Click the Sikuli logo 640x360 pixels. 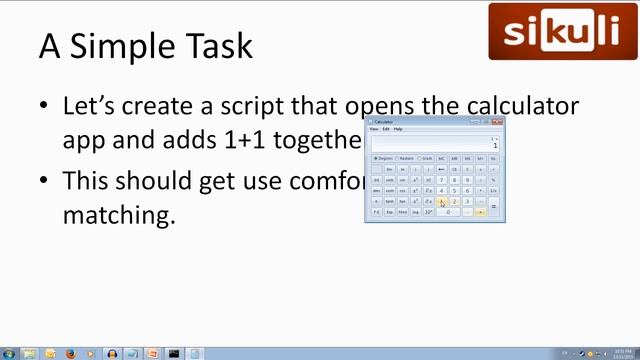(x=561, y=31)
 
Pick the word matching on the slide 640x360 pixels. (x=118, y=213)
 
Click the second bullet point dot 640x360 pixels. (x=44, y=181)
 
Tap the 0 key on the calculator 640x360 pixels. (x=447, y=212)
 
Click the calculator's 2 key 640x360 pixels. (x=454, y=201)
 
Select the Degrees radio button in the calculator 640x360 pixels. (x=375, y=158)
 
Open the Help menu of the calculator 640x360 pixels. (x=398, y=129)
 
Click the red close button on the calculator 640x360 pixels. (x=498, y=121)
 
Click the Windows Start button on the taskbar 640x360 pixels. (x=9, y=353)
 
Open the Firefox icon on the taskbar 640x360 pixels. (x=71, y=353)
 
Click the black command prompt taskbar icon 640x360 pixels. (x=174, y=353)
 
